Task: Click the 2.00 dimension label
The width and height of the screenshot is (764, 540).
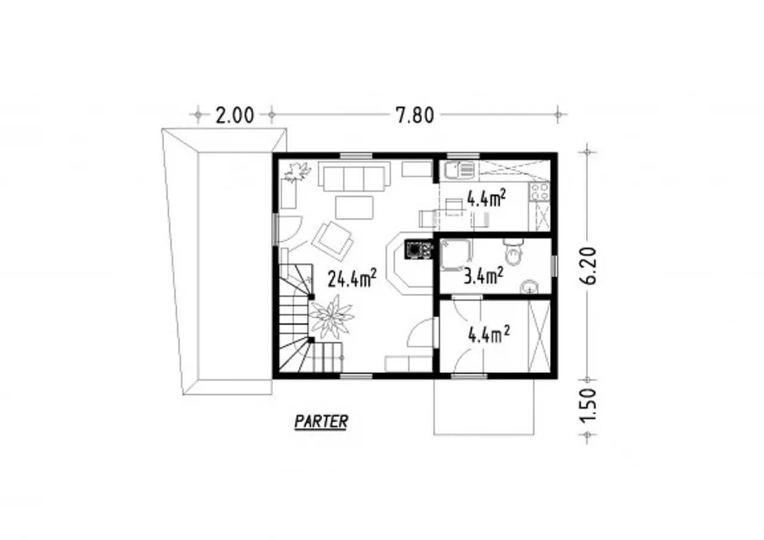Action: click(235, 115)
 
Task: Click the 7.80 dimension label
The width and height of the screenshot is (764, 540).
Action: click(415, 115)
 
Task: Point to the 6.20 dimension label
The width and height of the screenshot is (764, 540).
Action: click(588, 266)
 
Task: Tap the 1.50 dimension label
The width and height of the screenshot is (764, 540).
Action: click(588, 406)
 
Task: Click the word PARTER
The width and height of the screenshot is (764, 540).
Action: click(321, 421)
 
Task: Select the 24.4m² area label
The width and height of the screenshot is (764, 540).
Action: click(352, 278)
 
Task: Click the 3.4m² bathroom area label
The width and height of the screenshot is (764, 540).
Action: click(483, 276)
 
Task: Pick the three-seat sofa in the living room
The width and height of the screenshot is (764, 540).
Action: click(354, 176)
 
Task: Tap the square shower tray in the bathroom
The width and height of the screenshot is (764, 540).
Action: click(456, 254)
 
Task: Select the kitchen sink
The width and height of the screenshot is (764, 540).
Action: click(459, 170)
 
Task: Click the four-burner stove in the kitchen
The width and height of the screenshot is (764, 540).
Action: click(539, 192)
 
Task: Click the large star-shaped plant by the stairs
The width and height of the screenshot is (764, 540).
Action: click(331, 317)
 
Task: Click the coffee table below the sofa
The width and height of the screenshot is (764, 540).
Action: click(354, 207)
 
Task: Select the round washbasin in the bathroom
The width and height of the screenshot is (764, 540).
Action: click(529, 287)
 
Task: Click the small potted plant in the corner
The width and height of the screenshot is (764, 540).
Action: click(298, 172)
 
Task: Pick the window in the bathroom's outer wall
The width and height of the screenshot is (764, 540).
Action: click(554, 266)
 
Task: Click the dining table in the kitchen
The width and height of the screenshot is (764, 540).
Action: click(454, 207)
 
